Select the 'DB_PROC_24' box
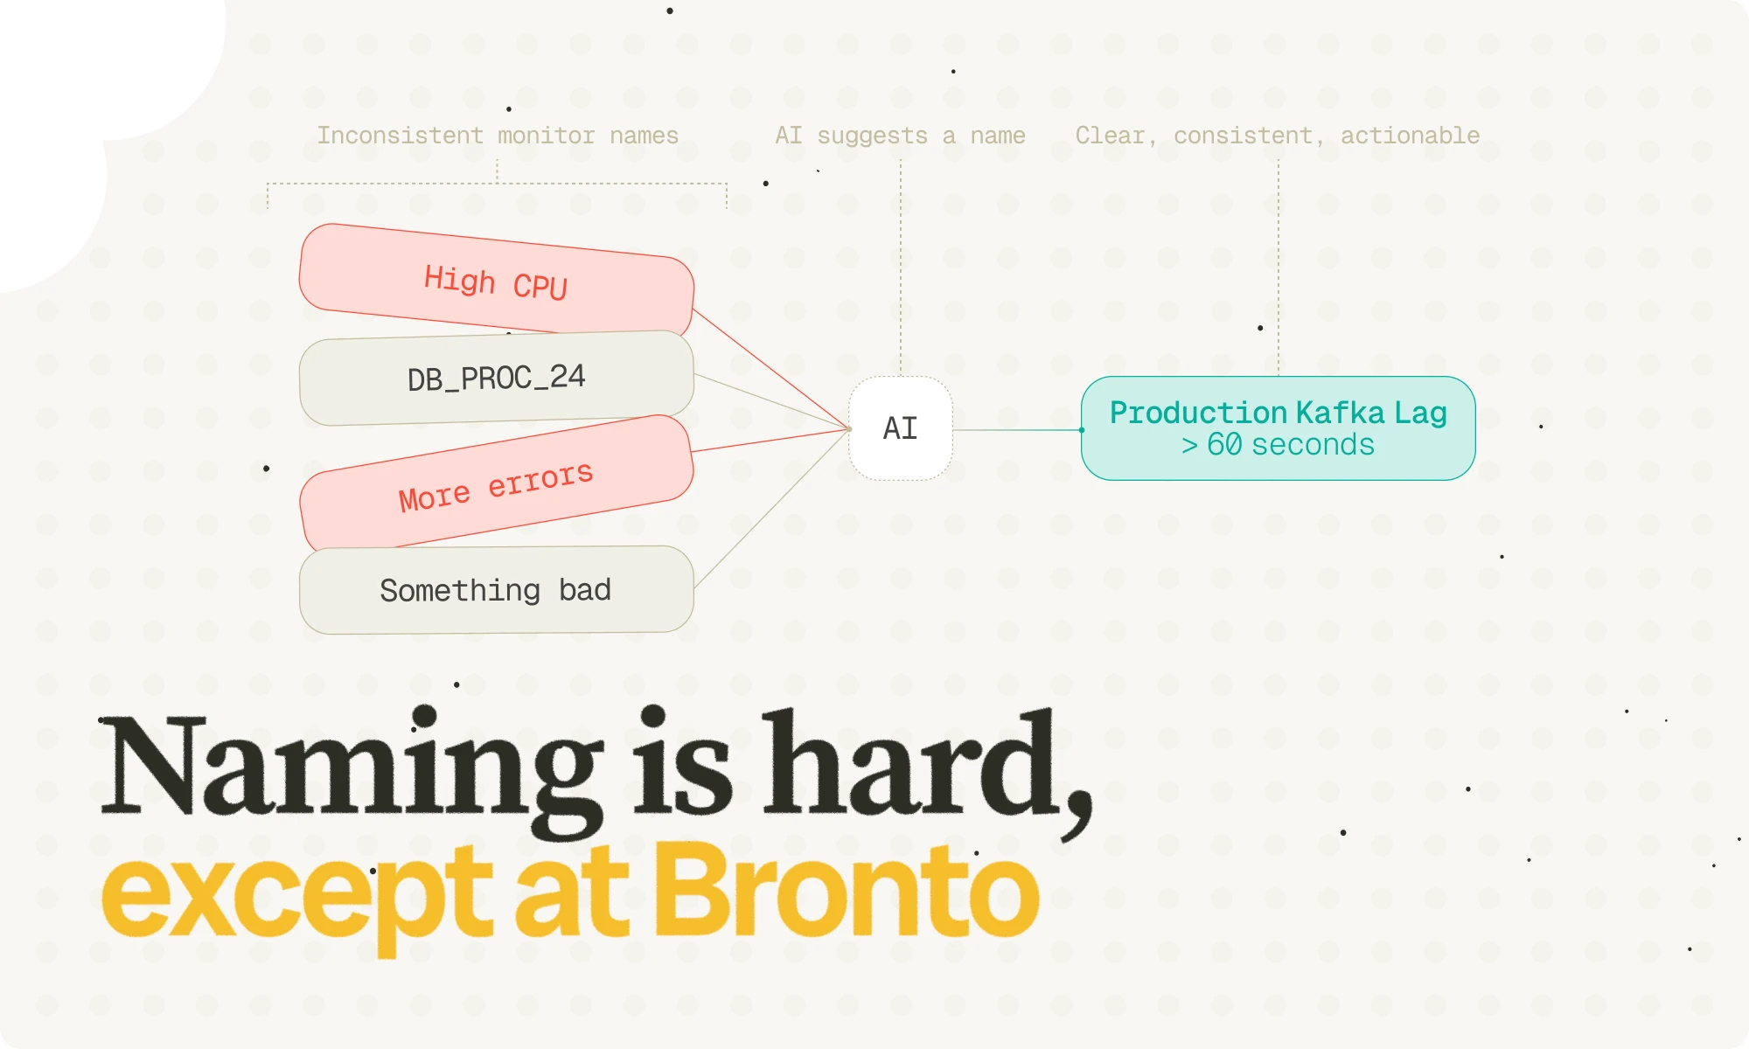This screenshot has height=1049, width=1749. click(497, 379)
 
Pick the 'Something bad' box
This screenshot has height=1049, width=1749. click(497, 590)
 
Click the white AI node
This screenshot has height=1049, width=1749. click(901, 428)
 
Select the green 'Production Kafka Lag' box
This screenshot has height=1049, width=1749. click(1279, 428)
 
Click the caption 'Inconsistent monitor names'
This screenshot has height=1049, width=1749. click(498, 135)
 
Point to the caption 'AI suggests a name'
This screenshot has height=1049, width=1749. click(900, 135)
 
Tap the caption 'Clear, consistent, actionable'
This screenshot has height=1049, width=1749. click(1278, 135)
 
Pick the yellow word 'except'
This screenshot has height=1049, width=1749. click(297, 900)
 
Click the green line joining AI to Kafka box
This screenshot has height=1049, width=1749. click(1017, 430)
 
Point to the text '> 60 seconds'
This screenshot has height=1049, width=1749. click(1278, 445)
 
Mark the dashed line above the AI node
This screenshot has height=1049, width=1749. click(901, 267)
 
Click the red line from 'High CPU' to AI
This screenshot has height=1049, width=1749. click(771, 368)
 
